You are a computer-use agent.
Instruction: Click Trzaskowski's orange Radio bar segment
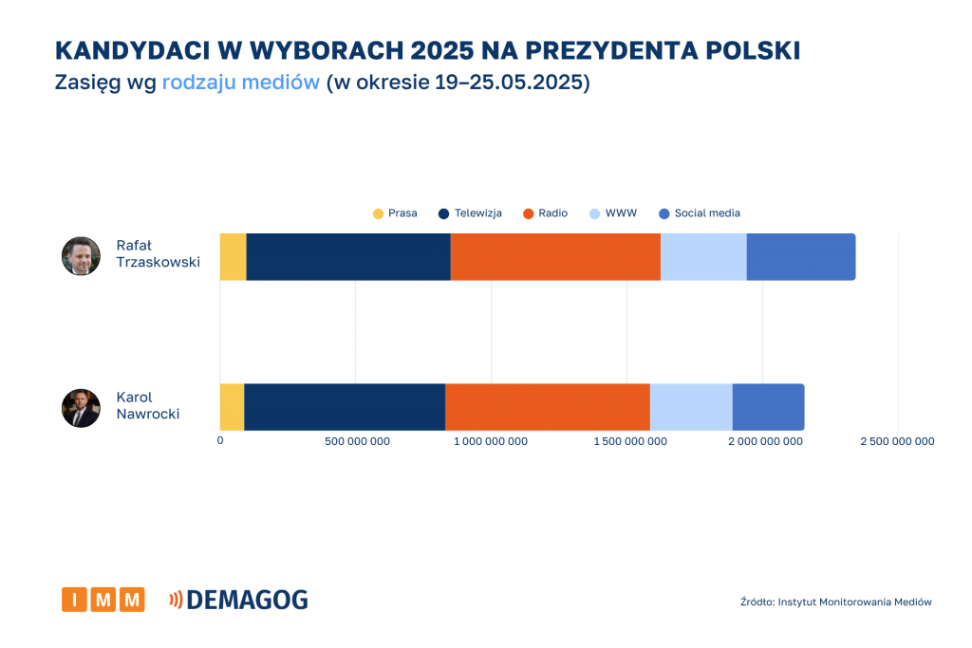pos(555,256)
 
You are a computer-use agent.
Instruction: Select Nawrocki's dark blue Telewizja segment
pos(345,407)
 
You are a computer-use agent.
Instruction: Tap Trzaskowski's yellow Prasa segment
pos(233,256)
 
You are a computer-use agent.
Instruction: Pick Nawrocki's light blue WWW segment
pos(691,407)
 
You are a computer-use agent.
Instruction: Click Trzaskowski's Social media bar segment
pos(800,256)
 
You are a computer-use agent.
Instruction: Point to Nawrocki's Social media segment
pos(768,407)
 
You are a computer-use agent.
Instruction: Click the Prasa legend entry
pos(395,213)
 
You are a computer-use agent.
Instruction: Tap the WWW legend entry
pos(613,213)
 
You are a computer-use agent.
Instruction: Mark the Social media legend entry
pos(699,213)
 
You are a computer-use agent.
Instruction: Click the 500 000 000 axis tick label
pos(356,441)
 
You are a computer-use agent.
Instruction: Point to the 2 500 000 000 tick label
pos(897,441)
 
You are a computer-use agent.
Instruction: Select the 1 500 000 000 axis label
pos(626,441)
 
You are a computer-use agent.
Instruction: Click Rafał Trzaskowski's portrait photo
pos(81,256)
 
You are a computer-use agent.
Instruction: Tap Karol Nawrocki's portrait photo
pos(81,408)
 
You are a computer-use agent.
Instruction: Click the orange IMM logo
pos(103,600)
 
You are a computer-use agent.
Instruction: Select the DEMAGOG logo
pos(238,600)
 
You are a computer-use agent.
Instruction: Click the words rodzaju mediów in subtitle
pos(240,83)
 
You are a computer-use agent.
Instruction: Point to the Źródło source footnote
pos(835,602)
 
